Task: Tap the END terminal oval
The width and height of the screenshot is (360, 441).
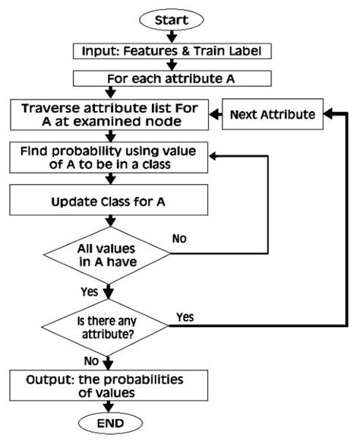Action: click(113, 423)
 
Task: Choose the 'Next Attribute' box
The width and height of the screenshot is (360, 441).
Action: click(272, 115)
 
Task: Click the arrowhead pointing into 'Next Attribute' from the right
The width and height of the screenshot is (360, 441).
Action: click(327, 115)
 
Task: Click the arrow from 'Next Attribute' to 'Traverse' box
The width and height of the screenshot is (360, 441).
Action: click(215, 115)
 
